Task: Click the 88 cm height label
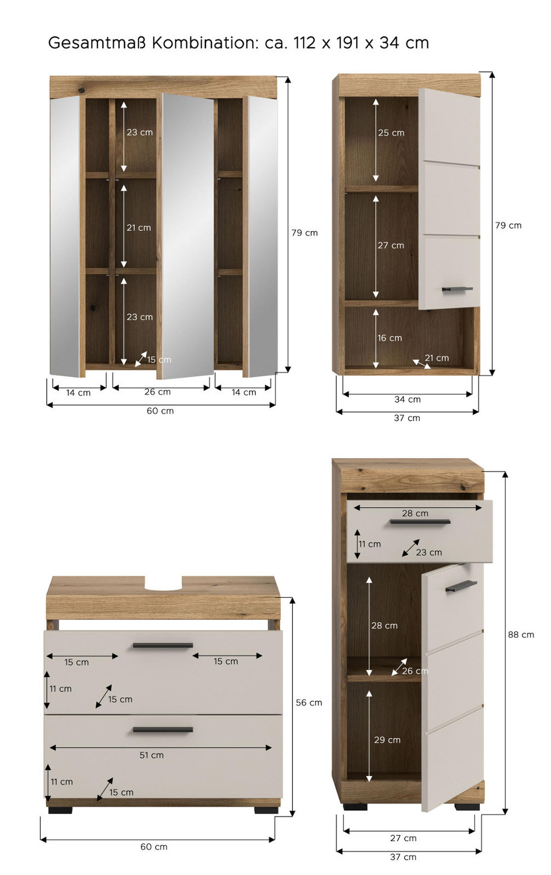click(x=521, y=635)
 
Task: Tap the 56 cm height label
click(x=309, y=702)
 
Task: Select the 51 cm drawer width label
click(x=152, y=755)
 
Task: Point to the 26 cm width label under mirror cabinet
click(x=157, y=392)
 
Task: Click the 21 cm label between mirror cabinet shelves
click(x=139, y=228)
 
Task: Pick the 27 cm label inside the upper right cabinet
click(x=391, y=245)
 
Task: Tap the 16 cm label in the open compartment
click(x=389, y=338)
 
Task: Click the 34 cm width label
click(x=407, y=399)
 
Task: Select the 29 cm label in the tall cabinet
click(x=387, y=740)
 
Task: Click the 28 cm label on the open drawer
click(x=415, y=513)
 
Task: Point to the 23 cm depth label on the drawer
click(x=429, y=552)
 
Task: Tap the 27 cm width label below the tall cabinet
click(x=403, y=838)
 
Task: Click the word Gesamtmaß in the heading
click(x=96, y=43)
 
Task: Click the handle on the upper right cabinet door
click(x=457, y=289)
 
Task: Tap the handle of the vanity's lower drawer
click(x=163, y=730)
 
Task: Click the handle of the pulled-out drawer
click(x=420, y=522)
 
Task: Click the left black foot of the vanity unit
click(x=60, y=810)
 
